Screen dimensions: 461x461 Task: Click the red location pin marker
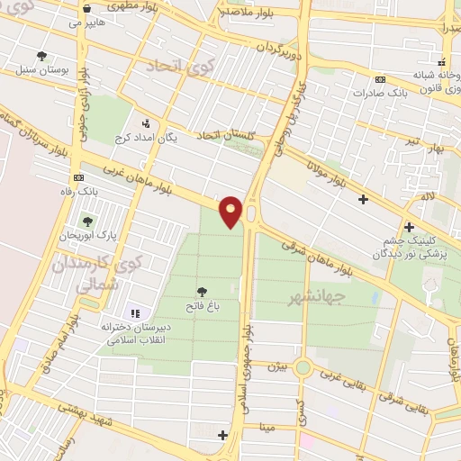click(x=231, y=212)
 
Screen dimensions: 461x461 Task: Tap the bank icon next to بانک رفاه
click(x=79, y=177)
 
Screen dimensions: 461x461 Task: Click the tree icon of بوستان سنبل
click(x=41, y=56)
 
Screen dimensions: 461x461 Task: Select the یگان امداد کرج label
click(x=147, y=139)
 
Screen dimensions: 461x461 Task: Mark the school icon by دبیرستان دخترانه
click(x=135, y=313)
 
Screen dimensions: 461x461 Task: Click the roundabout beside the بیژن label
click(x=304, y=368)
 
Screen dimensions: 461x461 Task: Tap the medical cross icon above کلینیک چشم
click(x=410, y=227)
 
